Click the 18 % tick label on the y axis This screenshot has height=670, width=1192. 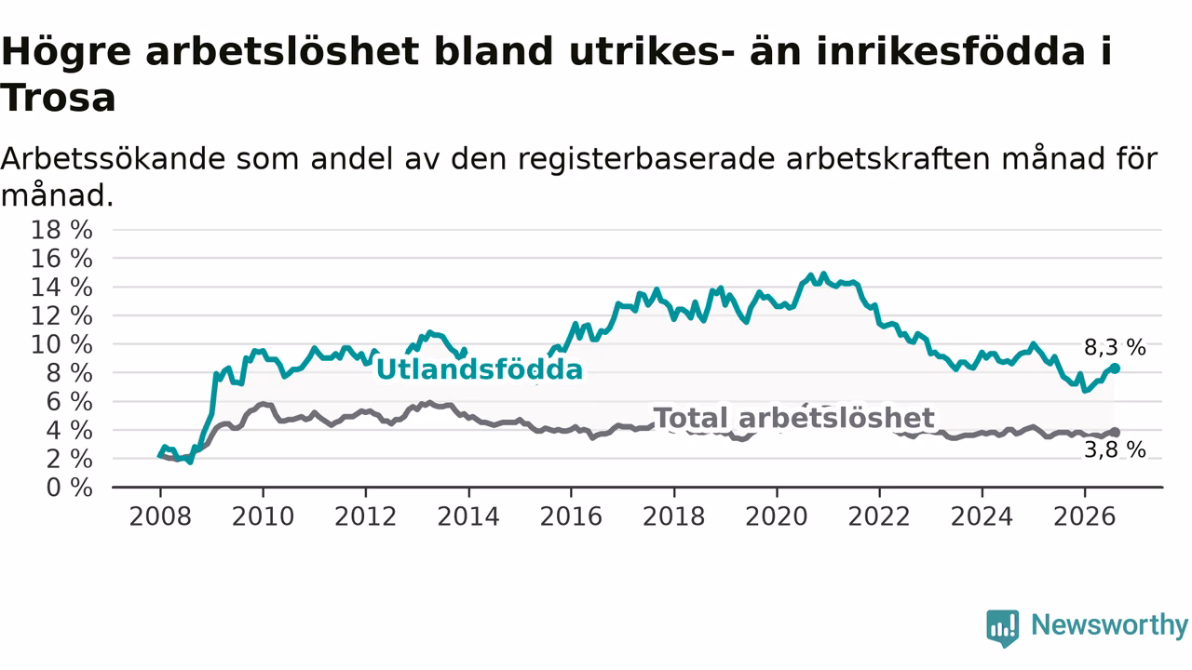pyautogui.click(x=61, y=230)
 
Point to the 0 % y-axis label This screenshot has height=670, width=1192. pyautogui.click(x=69, y=488)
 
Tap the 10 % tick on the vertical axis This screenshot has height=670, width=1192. pyautogui.click(x=61, y=344)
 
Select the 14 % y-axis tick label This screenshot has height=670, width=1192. pyautogui.click(x=61, y=288)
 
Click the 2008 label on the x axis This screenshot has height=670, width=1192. pyautogui.click(x=160, y=516)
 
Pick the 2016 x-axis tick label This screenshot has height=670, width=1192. pyautogui.click(x=571, y=516)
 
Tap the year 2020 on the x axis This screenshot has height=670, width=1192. pyautogui.click(x=777, y=516)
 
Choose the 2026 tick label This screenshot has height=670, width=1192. pyautogui.click(x=1085, y=516)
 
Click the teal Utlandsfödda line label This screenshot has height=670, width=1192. pyautogui.click(x=480, y=369)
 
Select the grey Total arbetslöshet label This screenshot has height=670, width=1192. pyautogui.click(x=793, y=418)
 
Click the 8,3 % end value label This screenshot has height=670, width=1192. pyautogui.click(x=1115, y=348)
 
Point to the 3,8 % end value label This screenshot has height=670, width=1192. pyautogui.click(x=1115, y=450)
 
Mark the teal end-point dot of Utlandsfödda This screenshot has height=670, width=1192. pyautogui.click(x=1116, y=368)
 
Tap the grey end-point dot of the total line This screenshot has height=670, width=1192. pyautogui.click(x=1116, y=433)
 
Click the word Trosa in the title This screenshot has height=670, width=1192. pyautogui.click(x=58, y=99)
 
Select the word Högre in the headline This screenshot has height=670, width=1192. pyautogui.click(x=66, y=53)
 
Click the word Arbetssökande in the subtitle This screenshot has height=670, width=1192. pyautogui.click(x=113, y=159)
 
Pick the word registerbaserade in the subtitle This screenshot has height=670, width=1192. pyautogui.click(x=646, y=160)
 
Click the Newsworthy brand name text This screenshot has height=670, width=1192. pyautogui.click(x=1109, y=625)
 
